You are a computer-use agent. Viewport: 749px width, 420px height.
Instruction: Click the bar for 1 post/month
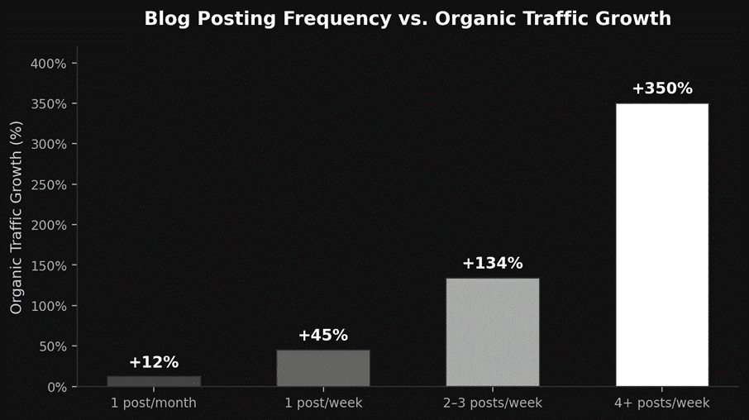pyautogui.click(x=154, y=381)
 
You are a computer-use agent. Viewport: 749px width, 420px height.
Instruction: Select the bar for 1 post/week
pyautogui.click(x=323, y=368)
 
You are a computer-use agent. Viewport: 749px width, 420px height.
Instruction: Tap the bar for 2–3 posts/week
pyautogui.click(x=493, y=332)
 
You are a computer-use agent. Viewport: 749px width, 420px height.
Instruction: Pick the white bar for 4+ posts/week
pyautogui.click(x=662, y=245)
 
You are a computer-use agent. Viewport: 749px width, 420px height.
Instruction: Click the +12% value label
pyautogui.click(x=154, y=362)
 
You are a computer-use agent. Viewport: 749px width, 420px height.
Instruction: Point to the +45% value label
pyautogui.click(x=323, y=336)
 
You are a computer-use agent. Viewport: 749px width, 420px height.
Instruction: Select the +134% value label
pyautogui.click(x=493, y=264)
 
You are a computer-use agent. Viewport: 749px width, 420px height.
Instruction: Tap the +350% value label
pyautogui.click(x=662, y=88)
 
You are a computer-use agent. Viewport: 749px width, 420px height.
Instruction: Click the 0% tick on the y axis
pyautogui.click(x=55, y=387)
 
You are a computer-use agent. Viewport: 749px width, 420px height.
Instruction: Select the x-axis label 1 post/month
pyautogui.click(x=154, y=403)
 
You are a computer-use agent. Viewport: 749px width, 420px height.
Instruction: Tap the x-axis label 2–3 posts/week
pyautogui.click(x=493, y=403)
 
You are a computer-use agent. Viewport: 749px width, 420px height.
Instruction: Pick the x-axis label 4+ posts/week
pyautogui.click(x=662, y=403)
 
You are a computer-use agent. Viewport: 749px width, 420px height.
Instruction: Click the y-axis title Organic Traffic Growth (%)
pyautogui.click(x=17, y=217)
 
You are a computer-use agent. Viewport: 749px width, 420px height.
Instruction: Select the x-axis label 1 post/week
pyautogui.click(x=323, y=403)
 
